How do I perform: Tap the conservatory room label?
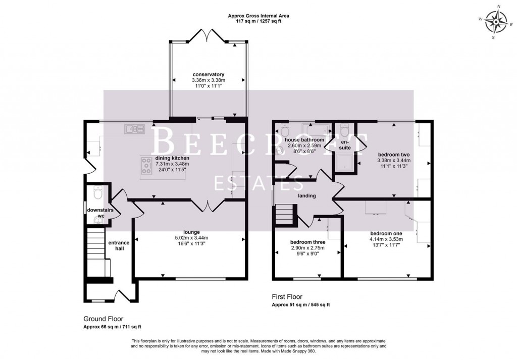click(208, 74)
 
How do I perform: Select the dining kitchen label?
click(172, 158)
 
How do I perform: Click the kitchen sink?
click(133, 130)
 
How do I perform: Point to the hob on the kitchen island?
click(147, 166)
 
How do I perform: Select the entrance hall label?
click(119, 246)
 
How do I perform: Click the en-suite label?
click(345, 145)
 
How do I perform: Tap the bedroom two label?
click(393, 155)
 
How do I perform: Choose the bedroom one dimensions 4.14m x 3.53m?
click(386, 239)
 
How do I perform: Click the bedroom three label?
click(307, 242)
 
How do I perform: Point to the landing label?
click(306, 196)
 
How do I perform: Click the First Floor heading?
click(287, 297)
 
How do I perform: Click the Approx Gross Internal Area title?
click(258, 16)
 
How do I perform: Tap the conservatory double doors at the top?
click(207, 35)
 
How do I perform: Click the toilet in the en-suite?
click(345, 130)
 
